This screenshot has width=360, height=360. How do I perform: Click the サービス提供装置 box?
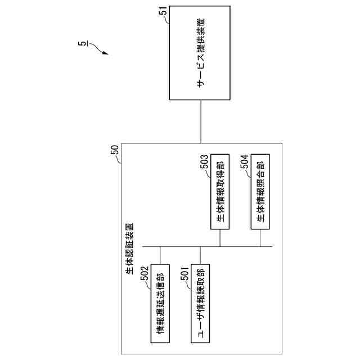pyautogui.click(x=200, y=53)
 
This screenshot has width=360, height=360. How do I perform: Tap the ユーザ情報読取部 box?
pyautogui.click(x=200, y=303)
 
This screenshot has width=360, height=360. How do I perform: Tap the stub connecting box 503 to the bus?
pyautogui.click(x=220, y=238)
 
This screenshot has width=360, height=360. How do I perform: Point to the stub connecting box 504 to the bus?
pyautogui.click(x=260, y=238)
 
